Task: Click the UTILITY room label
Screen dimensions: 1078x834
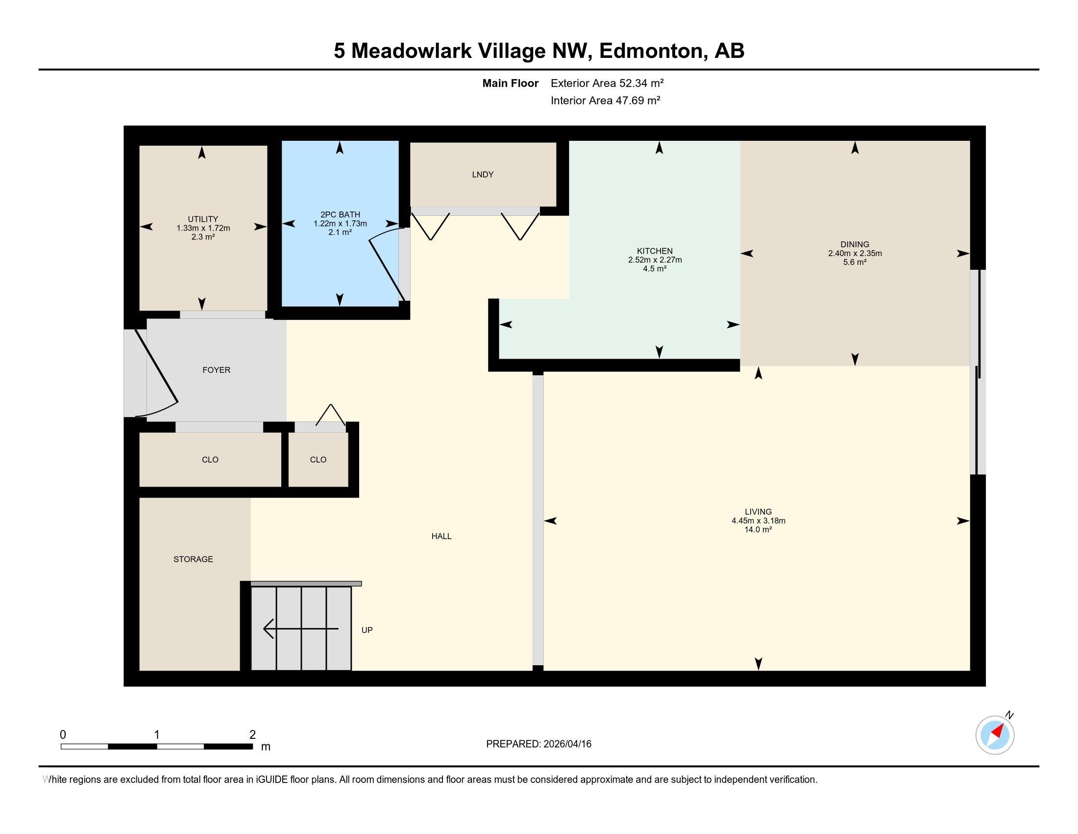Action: coord(203,219)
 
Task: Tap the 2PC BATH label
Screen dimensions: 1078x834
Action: coord(340,214)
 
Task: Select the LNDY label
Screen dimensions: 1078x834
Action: coord(482,175)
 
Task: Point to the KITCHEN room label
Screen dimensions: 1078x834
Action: coord(655,251)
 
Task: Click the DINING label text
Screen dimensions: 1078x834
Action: coord(855,244)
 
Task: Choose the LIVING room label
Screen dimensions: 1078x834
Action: coord(758,512)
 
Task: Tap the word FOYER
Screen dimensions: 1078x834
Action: coord(216,370)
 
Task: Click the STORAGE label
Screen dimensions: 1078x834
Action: coord(193,559)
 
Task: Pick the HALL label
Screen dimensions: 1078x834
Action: coord(441,536)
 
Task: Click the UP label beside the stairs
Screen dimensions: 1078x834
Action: coord(367,630)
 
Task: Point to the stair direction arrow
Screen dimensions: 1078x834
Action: coord(301,628)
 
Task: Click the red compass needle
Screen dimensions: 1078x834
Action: coord(998,731)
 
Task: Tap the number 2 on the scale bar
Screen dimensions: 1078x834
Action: coord(252,735)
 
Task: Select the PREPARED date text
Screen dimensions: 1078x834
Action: coord(539,744)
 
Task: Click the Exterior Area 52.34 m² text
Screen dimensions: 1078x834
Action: coord(607,83)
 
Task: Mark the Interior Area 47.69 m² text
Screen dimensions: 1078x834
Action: coord(606,100)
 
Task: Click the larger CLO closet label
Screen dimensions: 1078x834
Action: coord(210,460)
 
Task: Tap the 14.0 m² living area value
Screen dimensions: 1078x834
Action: coord(758,530)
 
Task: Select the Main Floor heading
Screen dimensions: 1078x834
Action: coord(511,83)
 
